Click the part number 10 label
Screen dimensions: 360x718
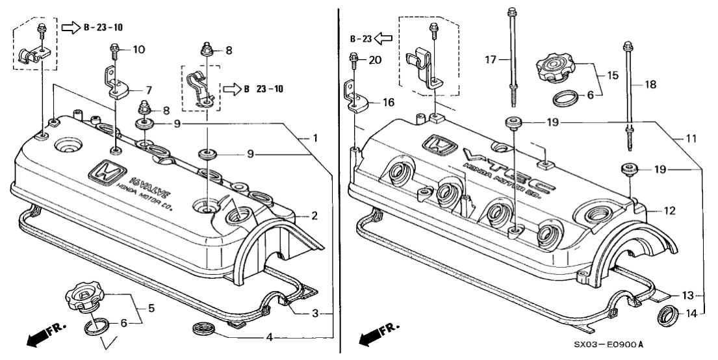[x=139, y=49]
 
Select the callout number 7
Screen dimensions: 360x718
[x=148, y=89]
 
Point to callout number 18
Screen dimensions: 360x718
[x=650, y=84]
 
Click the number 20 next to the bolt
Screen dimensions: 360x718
[x=375, y=60]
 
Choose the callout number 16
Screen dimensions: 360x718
[x=389, y=102]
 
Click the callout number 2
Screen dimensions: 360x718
[x=314, y=216]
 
